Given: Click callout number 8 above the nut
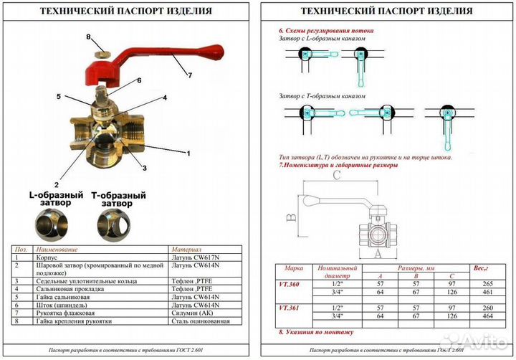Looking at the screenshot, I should [89, 37].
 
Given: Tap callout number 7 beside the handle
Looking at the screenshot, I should [191, 75].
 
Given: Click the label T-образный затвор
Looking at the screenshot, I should [118, 199].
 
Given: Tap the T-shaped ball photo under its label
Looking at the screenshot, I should [118, 226].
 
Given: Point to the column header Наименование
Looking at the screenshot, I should [57, 247].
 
